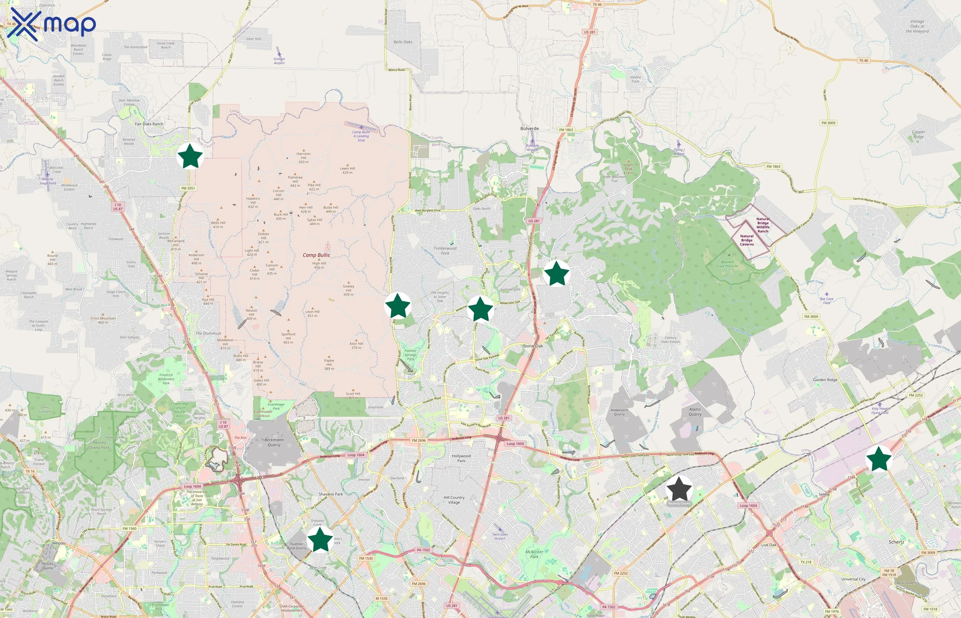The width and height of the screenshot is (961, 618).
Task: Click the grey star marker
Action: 679,489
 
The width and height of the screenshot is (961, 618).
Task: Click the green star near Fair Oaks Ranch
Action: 190,156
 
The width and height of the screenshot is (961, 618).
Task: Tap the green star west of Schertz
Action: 879,458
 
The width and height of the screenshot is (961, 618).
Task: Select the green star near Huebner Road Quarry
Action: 320,539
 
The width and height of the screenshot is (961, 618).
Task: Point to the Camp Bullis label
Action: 316,255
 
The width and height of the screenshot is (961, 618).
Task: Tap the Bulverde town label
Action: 530,128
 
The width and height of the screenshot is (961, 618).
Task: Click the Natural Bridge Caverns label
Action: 747,240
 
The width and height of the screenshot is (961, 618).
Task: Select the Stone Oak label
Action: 533,346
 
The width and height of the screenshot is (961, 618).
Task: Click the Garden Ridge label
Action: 825,380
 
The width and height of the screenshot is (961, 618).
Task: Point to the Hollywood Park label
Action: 461,458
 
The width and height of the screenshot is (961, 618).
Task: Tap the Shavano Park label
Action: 331,494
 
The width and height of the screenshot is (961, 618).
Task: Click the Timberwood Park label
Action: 445,250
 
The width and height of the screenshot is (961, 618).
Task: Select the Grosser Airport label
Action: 279,60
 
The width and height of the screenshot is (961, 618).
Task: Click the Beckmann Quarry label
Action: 274,442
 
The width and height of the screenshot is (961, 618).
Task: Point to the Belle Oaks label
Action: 403,42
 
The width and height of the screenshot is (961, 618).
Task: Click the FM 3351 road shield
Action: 188,188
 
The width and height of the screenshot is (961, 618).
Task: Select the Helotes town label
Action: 59,543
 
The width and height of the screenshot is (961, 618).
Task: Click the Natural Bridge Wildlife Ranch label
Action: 763,225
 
